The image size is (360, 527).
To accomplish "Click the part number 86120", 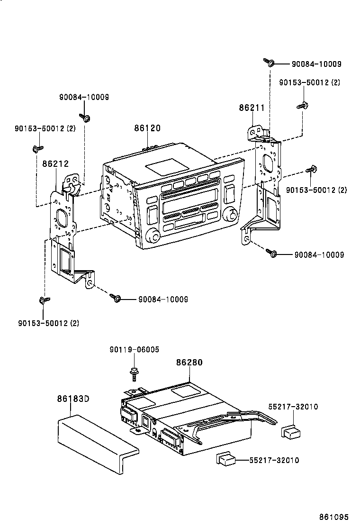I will [147, 128].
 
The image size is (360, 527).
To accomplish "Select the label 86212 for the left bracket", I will [55, 164].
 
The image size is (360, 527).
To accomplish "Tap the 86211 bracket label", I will [252, 108].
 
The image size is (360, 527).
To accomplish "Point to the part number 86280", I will [189, 363].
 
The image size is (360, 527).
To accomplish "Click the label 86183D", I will [73, 399].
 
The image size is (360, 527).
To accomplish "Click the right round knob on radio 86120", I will [232, 214].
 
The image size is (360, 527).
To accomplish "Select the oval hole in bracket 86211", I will [266, 164].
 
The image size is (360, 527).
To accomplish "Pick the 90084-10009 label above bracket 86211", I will [316, 64].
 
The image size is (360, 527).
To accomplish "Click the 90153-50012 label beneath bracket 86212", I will [49, 323].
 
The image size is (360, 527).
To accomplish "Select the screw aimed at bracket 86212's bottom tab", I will [115, 298].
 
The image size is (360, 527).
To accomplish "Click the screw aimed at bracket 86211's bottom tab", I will [271, 253].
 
